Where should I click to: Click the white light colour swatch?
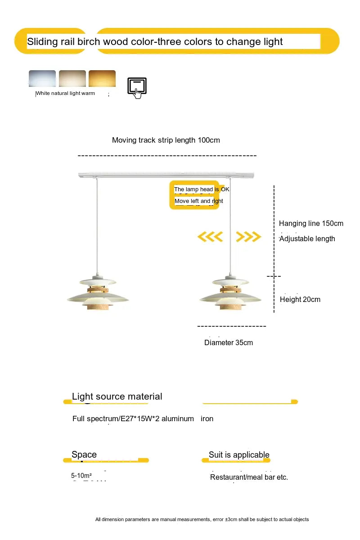pyautogui.click(x=42, y=78)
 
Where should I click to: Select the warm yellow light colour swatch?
pyautogui.click(x=102, y=78)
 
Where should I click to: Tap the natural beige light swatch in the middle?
pyautogui.click(x=72, y=78)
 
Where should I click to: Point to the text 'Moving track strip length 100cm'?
pyautogui.click(x=166, y=140)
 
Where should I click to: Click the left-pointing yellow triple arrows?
pyautogui.click(x=211, y=236)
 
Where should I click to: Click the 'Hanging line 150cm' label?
pyautogui.click(x=311, y=223)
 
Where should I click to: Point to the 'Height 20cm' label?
pyautogui.click(x=300, y=299)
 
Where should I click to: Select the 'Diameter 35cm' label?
pyautogui.click(x=229, y=342)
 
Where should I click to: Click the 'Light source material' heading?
pyautogui.click(x=117, y=396)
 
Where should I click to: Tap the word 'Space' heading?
pyautogui.click(x=84, y=454)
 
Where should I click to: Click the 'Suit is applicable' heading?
pyautogui.click(x=239, y=454)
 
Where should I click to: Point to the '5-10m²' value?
pyautogui.click(x=81, y=475)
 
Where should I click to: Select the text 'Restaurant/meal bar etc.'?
pyautogui.click(x=249, y=477)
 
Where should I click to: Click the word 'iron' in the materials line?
pyautogui.click(x=207, y=418)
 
